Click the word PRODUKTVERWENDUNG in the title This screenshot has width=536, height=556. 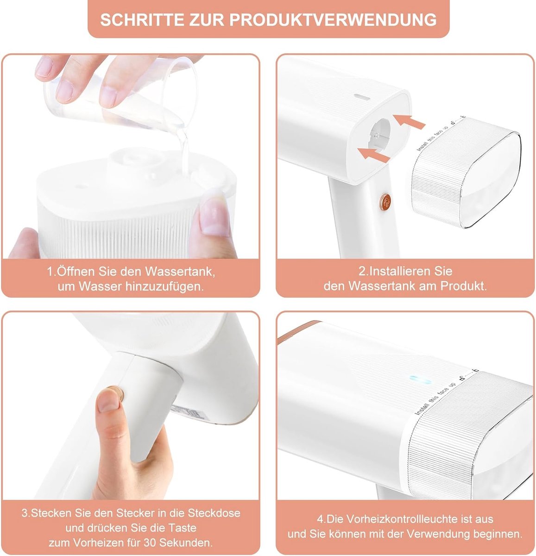pyautogui.click(x=333, y=20)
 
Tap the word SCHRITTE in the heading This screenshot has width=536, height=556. pyautogui.click(x=142, y=20)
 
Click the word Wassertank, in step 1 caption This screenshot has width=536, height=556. pyautogui.click(x=180, y=272)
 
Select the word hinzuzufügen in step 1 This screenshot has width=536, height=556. pyautogui.click(x=164, y=286)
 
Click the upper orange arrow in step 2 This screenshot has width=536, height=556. pyautogui.click(x=409, y=121)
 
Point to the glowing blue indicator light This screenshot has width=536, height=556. pyautogui.click(x=420, y=379)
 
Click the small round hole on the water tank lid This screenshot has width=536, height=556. pyautogui.click(x=81, y=187)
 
